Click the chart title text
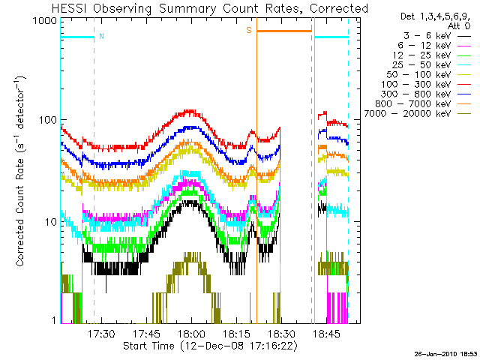coord(210,8)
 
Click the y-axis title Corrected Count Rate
coord(20,172)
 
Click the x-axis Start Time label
coord(210,346)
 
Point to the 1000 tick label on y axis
coord(45,21)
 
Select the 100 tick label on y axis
coord(48,120)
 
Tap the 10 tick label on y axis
coord(51,222)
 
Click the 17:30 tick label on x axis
coord(101,333)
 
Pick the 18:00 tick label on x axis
coord(192,333)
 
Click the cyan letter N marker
coord(101,36)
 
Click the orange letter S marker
coord(249,30)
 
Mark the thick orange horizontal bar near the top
coord(284,31)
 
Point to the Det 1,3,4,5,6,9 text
coord(435,16)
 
